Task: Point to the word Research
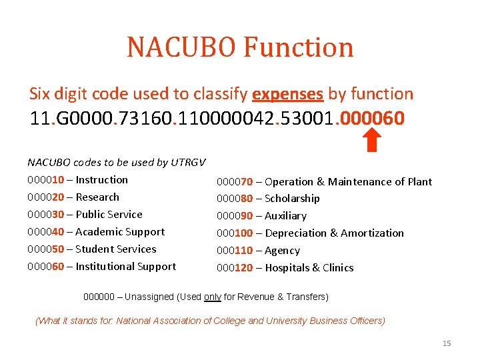[x=97, y=197]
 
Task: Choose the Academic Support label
[x=120, y=232]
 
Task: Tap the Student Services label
[x=116, y=249]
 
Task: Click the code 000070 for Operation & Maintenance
[x=234, y=182]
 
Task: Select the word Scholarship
[x=292, y=199]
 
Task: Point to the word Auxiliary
[x=285, y=216]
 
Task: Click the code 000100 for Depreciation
[x=237, y=233]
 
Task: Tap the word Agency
[x=282, y=251]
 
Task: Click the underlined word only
[x=213, y=297]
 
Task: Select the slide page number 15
[x=447, y=343]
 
